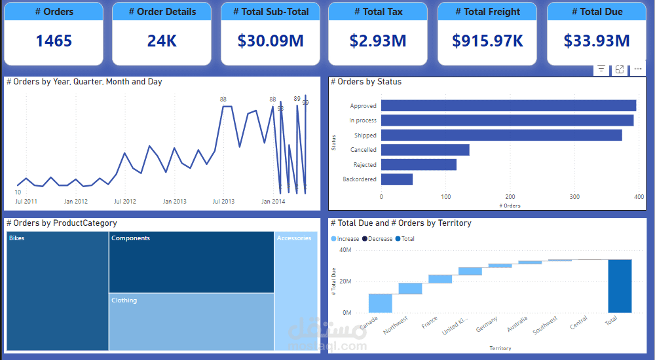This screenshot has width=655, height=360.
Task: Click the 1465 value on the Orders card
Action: point(54,41)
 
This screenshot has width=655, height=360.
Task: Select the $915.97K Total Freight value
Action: point(487,41)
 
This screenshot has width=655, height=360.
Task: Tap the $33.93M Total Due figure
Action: point(597,41)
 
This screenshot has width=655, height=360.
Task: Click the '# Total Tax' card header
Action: point(378,12)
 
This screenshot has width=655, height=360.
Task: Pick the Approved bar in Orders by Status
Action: point(508,105)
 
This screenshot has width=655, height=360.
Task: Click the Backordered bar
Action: point(397,179)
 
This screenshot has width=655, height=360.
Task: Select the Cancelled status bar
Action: point(425,150)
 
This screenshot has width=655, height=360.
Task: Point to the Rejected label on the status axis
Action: point(365,165)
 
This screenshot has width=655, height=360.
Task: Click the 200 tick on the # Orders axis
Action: point(510,196)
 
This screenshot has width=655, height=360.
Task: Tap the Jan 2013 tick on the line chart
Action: point(175,202)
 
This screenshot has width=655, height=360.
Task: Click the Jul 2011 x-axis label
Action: point(26,202)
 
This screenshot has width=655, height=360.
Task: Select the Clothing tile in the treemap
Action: point(191,321)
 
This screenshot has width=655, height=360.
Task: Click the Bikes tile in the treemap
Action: point(58,291)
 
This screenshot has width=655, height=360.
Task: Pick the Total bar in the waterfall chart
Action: point(620,286)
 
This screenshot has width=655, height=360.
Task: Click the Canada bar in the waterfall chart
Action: point(381,303)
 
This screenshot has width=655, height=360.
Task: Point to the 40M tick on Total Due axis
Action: point(345,250)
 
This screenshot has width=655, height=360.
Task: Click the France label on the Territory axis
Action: point(430,323)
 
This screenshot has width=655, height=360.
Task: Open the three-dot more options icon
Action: point(638,69)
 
